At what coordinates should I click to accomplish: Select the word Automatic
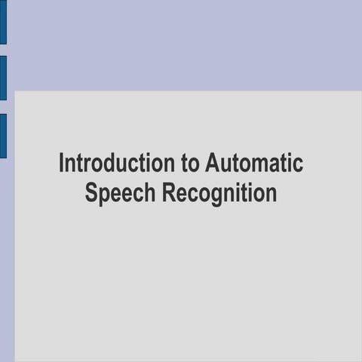(254, 163)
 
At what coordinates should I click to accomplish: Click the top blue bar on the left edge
(3, 22)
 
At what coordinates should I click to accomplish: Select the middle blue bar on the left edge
(3, 78)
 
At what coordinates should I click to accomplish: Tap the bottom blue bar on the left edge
(3, 136)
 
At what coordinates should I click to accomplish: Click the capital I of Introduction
(62, 163)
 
